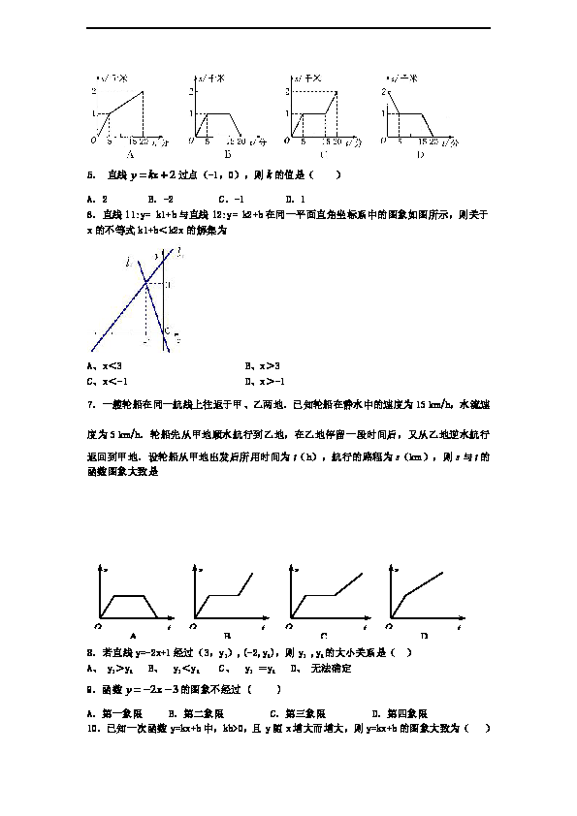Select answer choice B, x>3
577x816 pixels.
pyautogui.click(x=263, y=366)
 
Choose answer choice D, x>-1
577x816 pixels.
pyautogui.click(x=265, y=380)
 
